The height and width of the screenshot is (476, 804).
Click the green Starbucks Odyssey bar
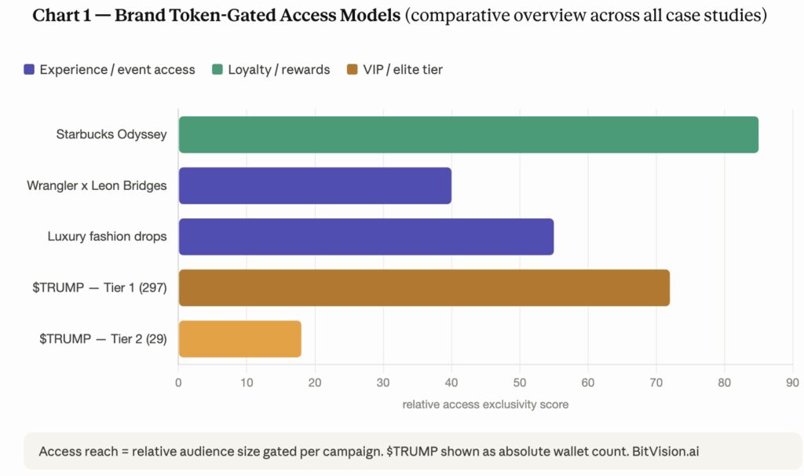pos(468,134)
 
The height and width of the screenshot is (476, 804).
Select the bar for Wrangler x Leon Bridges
pos(315,185)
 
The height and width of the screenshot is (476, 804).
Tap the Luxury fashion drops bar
pos(366,237)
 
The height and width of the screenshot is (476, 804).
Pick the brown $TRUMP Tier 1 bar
pos(424,287)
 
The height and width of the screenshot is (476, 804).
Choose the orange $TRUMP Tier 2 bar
pos(239,339)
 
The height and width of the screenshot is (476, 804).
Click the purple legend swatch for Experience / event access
pos(29,70)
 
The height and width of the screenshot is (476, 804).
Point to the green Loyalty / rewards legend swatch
pos(217,70)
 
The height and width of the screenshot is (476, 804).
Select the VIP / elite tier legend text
pos(403,70)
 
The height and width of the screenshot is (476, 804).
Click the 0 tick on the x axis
pos(179,383)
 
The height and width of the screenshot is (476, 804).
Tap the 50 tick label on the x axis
pos(520,383)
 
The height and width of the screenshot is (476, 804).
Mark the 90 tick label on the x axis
pos(792,383)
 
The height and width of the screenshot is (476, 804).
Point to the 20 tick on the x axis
pos(315,383)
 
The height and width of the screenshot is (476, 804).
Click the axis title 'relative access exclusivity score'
pos(485,405)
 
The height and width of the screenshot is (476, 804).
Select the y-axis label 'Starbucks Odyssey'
pos(111,134)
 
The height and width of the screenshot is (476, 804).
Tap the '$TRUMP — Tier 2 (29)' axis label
pos(103,339)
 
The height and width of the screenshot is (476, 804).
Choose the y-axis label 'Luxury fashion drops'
pos(107,236)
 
